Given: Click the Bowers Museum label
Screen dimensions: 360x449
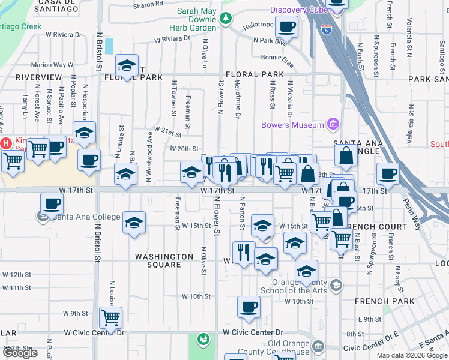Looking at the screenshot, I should (x=292, y=125).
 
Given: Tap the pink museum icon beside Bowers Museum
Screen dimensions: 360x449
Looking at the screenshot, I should (x=333, y=125).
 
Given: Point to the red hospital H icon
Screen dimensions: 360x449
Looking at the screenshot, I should (x=7, y=143).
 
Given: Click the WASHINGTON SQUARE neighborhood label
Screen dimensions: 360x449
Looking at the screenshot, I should (x=164, y=260).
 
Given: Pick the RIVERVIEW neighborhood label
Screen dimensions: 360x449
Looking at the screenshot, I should (x=39, y=77).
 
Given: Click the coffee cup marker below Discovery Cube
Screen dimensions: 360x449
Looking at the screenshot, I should (x=286, y=27).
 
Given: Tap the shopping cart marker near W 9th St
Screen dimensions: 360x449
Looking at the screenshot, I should (x=110, y=317).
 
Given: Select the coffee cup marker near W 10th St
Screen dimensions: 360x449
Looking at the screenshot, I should (x=249, y=307).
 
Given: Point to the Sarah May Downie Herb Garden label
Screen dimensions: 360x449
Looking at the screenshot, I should (x=197, y=15).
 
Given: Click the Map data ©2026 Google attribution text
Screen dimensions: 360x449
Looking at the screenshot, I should (x=411, y=355).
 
